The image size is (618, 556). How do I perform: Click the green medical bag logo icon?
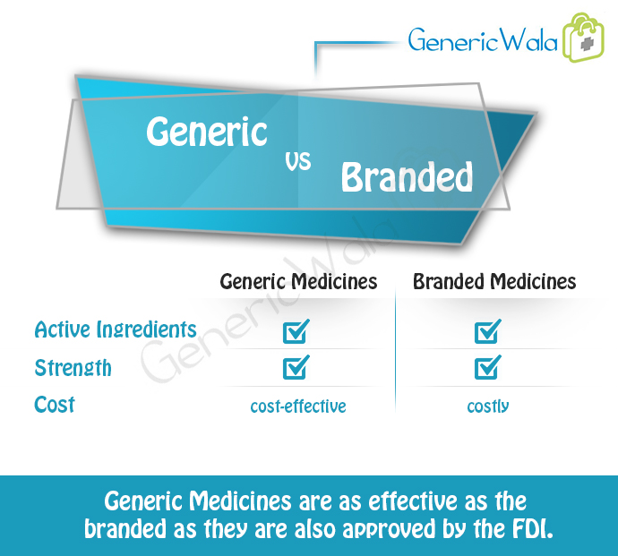tap(584, 38)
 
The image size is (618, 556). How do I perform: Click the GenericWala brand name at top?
tap(483, 39)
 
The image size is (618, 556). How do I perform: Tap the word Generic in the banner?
tap(207, 132)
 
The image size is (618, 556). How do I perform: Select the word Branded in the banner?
tap(407, 177)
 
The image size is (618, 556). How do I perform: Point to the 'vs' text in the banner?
tap(298, 161)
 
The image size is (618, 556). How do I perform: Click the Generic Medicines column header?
tap(298, 282)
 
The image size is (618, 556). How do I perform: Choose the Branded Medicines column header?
tap(494, 282)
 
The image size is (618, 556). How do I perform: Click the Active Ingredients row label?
tap(116, 329)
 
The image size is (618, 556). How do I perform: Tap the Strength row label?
tap(73, 368)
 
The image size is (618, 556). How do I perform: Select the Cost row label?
tap(55, 405)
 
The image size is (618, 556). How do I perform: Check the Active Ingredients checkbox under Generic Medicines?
tap(296, 331)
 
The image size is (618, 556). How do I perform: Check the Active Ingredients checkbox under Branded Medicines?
tap(488, 331)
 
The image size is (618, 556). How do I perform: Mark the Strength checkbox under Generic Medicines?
tap(296, 367)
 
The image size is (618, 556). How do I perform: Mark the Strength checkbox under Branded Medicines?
tap(488, 367)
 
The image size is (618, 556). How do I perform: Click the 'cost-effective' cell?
tap(298, 406)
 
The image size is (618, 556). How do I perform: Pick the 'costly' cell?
tap(488, 406)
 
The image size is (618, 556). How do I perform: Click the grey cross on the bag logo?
tap(587, 44)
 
